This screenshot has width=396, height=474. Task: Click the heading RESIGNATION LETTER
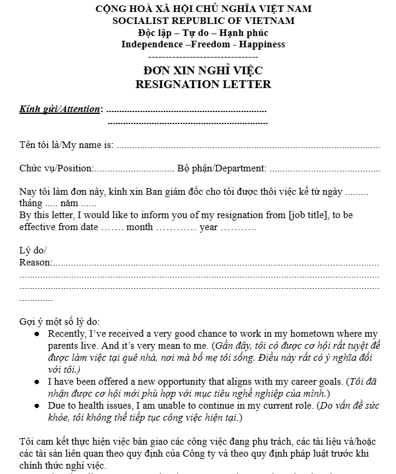(203, 84)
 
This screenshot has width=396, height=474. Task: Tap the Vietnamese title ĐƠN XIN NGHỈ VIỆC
(203, 71)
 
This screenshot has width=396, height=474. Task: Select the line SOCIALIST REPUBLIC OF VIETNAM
(203, 20)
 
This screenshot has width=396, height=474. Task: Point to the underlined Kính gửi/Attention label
(59, 109)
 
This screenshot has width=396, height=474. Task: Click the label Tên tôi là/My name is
(66, 144)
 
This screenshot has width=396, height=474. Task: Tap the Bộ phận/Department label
(222, 168)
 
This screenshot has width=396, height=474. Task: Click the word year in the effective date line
(209, 227)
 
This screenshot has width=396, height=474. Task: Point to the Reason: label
(35, 262)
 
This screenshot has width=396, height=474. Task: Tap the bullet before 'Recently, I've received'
(37, 334)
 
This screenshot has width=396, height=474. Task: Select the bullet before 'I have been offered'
(37, 381)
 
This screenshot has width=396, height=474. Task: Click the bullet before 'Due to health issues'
(37, 405)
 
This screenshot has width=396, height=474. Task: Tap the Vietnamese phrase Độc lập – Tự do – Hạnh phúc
(203, 32)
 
